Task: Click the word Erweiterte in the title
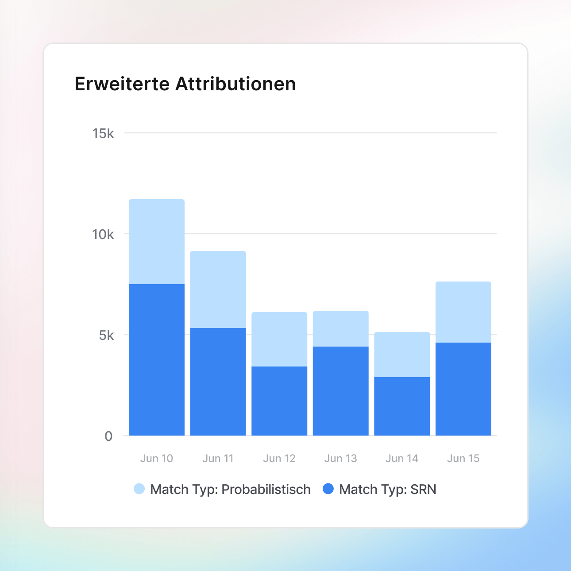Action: point(122,84)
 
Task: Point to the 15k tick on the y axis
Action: point(103,133)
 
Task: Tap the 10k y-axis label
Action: point(103,235)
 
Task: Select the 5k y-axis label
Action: point(106,336)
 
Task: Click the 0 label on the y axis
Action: point(108,436)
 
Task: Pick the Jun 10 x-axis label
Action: point(157,459)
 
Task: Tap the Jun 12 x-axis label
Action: point(279,459)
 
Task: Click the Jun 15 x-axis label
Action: point(463,459)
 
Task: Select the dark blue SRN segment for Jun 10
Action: point(157,359)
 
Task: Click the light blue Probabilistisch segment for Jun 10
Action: point(157,242)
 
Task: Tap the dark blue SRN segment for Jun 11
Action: point(218,382)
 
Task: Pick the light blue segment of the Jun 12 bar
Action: point(279,339)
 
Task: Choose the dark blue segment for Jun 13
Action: point(341,391)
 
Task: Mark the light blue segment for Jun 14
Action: point(402,354)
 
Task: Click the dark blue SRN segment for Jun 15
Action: point(463,389)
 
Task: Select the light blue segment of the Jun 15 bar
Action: point(463,312)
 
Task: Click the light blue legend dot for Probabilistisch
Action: point(139,489)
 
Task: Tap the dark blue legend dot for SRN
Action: point(328,489)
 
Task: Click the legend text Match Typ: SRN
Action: point(388,490)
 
